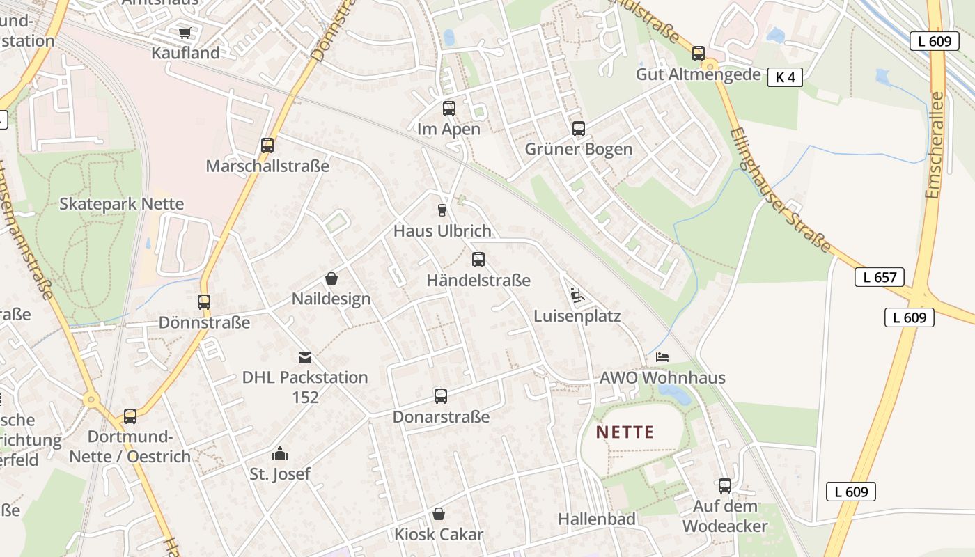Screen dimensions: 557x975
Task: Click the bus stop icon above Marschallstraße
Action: coord(267,146)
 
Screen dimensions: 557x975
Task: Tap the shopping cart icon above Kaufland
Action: coord(185,33)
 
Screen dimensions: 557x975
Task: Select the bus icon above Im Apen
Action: coord(449,109)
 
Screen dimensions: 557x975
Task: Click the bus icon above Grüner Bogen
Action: coord(579,129)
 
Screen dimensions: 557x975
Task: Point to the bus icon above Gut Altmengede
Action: coord(699,54)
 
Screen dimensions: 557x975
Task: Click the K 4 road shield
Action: coord(785,77)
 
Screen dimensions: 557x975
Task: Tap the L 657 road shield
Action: coord(880,277)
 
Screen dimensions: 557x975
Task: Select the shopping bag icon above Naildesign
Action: coord(331,278)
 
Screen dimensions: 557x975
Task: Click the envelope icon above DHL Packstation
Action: coord(305,358)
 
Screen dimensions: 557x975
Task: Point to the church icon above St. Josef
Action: coord(280,454)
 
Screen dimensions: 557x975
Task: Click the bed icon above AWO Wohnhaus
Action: coord(662,357)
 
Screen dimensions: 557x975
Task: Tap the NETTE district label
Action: coord(625,432)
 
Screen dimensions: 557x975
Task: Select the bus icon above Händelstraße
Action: coord(478,260)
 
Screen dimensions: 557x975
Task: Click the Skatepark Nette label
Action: coord(122,204)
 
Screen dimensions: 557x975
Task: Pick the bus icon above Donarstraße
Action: coord(441,396)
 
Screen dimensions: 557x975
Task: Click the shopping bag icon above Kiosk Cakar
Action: coord(439,515)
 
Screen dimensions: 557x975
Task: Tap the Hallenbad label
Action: coord(597,519)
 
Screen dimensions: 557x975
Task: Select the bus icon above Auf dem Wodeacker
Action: coord(725,486)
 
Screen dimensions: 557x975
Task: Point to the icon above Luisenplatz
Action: coord(576,295)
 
